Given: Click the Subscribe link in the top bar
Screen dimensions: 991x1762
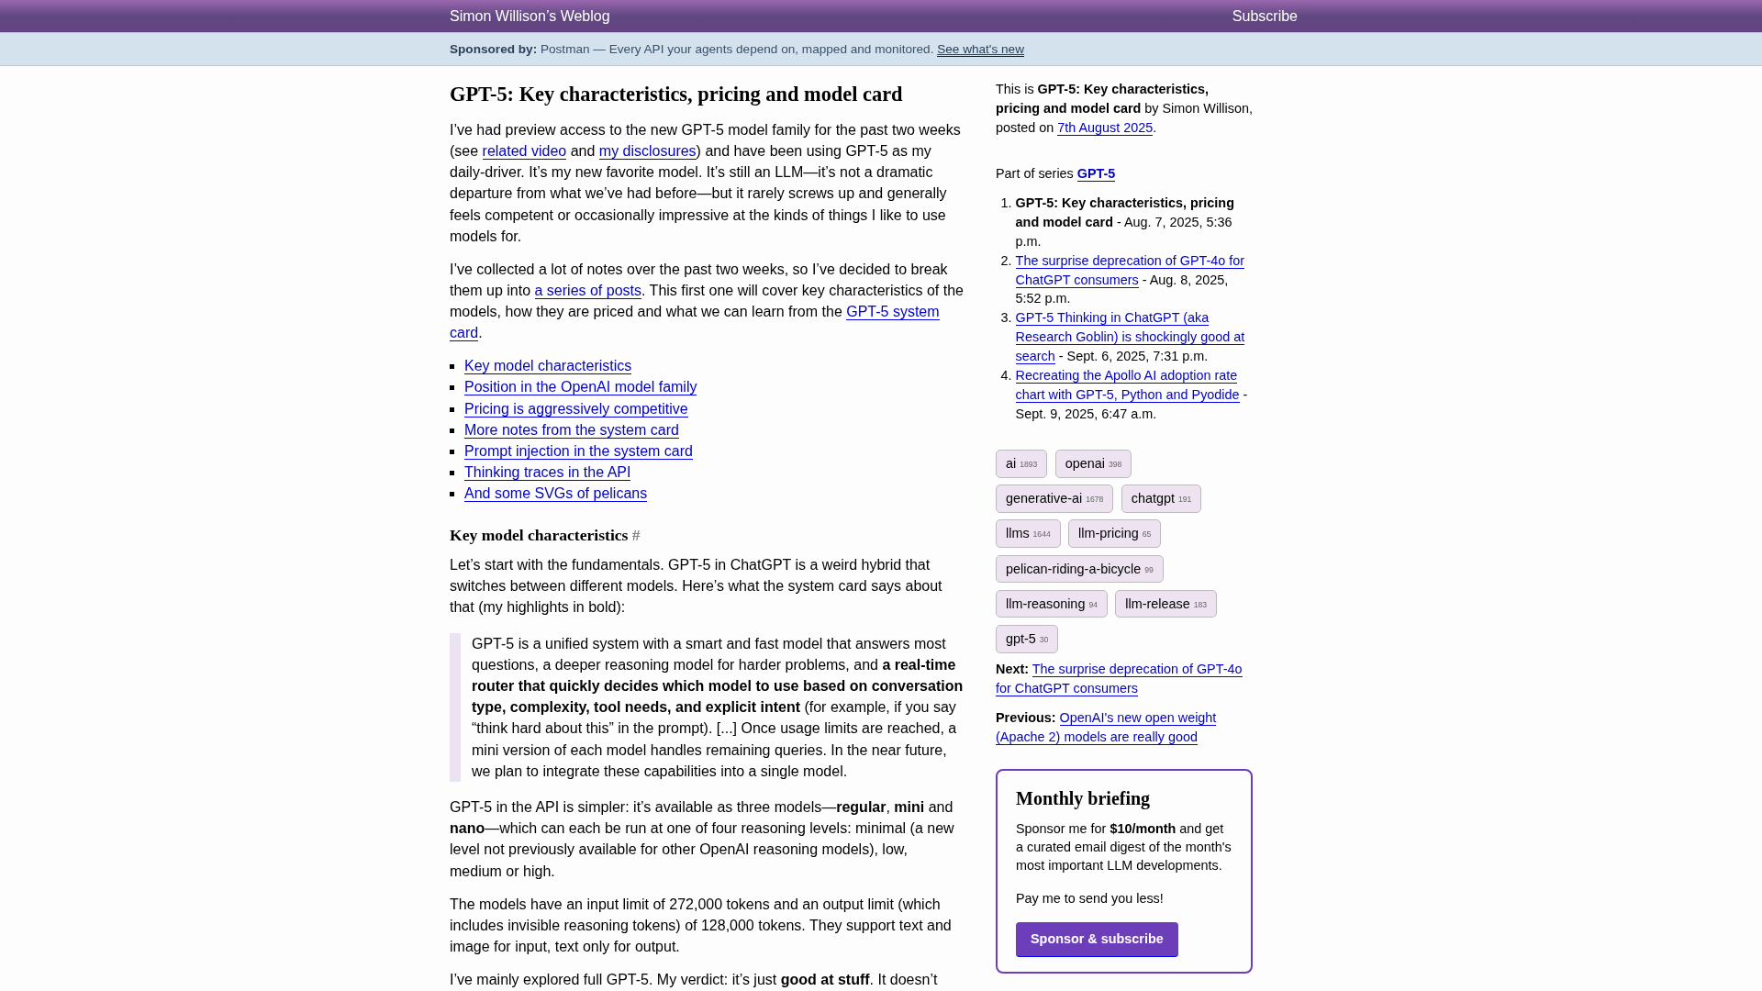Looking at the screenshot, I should pyautogui.click(x=1264, y=17).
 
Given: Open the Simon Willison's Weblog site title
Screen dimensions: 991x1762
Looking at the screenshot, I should pyautogui.click(x=530, y=17).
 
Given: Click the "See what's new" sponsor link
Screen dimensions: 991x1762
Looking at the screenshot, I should pyautogui.click(x=980, y=50).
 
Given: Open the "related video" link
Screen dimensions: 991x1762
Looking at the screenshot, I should pyautogui.click(x=524, y=151).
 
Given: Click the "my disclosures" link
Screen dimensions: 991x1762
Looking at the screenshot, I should pyautogui.click(x=647, y=151).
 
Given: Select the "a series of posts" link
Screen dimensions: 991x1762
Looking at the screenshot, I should pyautogui.click(x=587, y=291).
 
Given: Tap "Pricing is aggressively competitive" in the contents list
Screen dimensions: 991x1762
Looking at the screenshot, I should pyautogui.click(x=575, y=409).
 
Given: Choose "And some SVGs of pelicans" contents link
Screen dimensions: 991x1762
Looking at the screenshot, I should pyautogui.click(x=555, y=494).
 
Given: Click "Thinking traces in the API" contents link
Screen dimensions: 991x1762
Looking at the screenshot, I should pyautogui.click(x=547, y=473).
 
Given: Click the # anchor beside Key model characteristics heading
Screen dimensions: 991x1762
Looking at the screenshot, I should pyautogui.click(x=636, y=536).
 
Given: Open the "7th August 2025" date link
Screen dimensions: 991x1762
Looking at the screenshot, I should pyautogui.click(x=1104, y=128).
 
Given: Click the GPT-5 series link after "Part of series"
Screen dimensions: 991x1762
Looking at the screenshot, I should pyautogui.click(x=1096, y=173).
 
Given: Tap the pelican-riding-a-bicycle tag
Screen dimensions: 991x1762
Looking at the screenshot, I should pyautogui.click(x=1078, y=569).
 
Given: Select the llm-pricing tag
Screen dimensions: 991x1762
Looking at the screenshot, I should pyautogui.click(x=1113, y=534).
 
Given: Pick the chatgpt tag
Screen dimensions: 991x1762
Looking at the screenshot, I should pyautogui.click(x=1160, y=499).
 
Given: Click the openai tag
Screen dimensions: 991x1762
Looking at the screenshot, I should pyautogui.click(x=1092, y=464).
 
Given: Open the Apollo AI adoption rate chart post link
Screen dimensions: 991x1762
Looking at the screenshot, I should pyautogui.click(x=1126, y=385).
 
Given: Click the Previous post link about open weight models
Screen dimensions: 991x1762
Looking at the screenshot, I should pyautogui.click(x=1106, y=728).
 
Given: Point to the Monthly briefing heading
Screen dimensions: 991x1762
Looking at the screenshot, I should pyautogui.click(x=1082, y=799).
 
